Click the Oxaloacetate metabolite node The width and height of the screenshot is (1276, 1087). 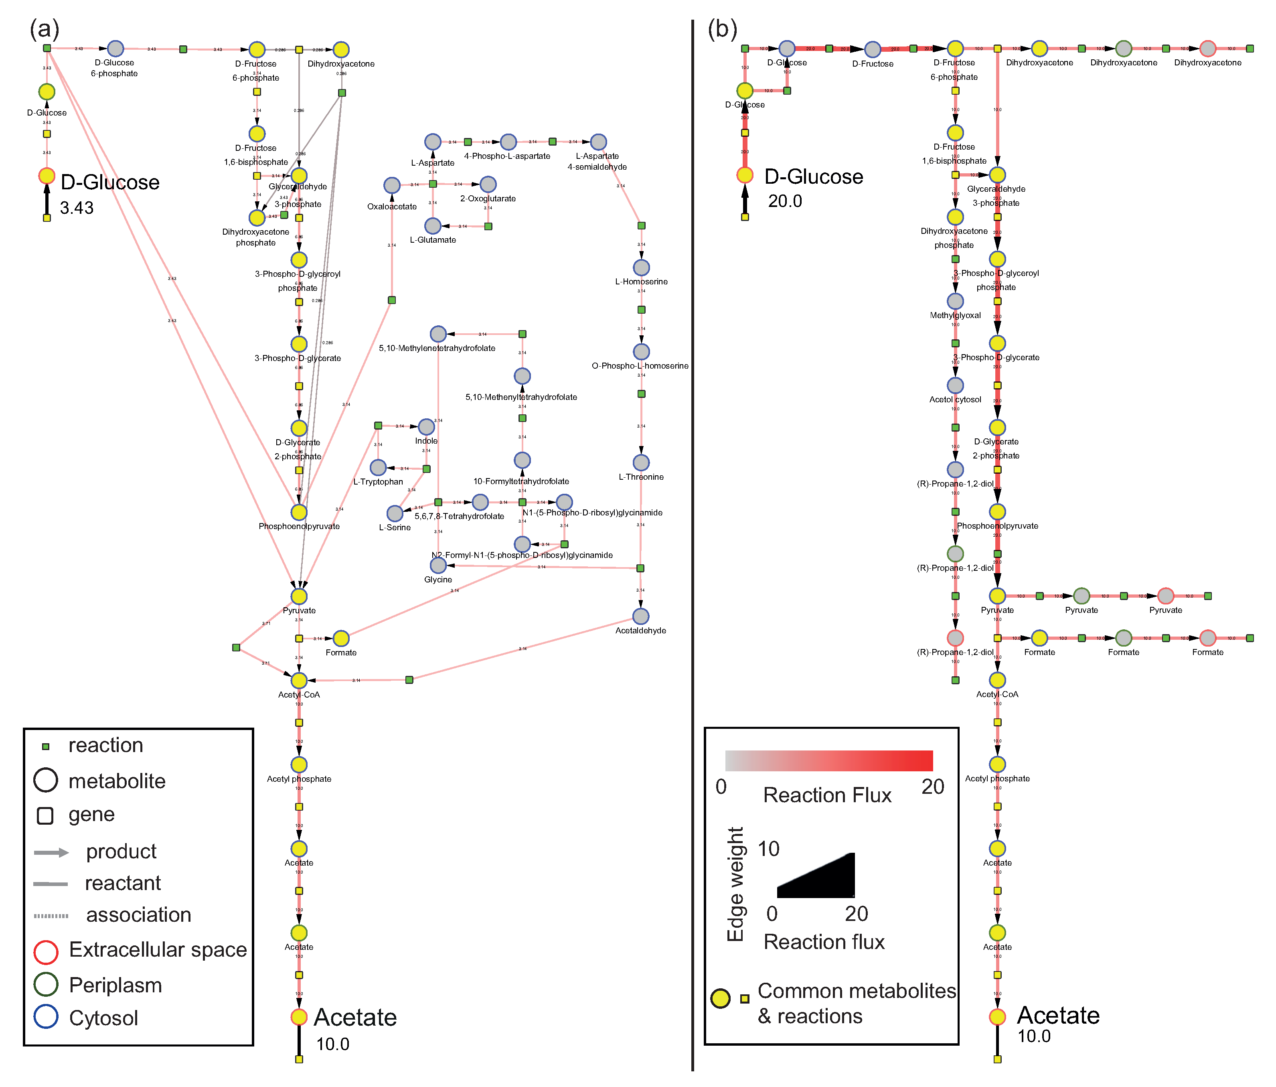[x=392, y=185]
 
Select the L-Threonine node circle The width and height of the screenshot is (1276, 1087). [x=641, y=462]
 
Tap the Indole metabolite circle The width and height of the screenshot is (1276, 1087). [x=426, y=426]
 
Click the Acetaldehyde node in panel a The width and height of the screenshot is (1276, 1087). [x=640, y=616]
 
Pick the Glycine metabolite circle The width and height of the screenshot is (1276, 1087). [x=438, y=565]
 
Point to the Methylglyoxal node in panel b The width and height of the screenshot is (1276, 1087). [x=955, y=301]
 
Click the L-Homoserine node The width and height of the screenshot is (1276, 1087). [x=641, y=267]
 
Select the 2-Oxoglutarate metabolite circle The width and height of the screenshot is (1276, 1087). [x=488, y=184]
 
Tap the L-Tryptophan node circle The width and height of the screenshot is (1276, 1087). [x=378, y=467]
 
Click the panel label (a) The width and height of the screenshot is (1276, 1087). [x=45, y=29]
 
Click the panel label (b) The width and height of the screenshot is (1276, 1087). [x=722, y=29]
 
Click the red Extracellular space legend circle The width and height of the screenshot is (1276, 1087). [x=46, y=951]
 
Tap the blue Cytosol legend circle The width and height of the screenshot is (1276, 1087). [x=46, y=1017]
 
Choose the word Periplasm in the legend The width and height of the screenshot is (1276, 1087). [x=115, y=985]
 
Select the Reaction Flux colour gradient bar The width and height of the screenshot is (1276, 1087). [x=828, y=760]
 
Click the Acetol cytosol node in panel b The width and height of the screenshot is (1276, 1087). [x=955, y=385]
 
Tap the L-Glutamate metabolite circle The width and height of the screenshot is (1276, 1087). [x=433, y=226]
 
